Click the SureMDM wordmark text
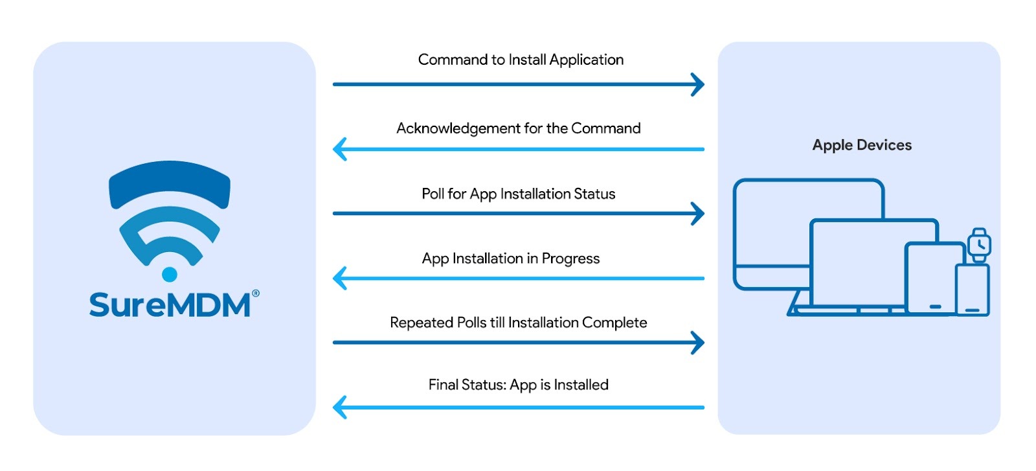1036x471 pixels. (170, 305)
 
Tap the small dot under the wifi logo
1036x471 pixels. (170, 274)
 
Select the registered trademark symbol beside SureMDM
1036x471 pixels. (256, 293)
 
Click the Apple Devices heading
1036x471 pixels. (862, 145)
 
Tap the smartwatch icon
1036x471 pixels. (979, 245)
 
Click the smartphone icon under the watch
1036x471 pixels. (973, 290)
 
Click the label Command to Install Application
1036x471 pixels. (521, 60)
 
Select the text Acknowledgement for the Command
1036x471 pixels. (518, 128)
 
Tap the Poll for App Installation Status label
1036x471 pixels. (518, 194)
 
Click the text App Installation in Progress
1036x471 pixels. (511, 258)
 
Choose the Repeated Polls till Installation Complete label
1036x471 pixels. (518, 323)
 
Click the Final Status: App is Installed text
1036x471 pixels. (518, 385)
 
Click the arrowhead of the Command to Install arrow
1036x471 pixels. (698, 84)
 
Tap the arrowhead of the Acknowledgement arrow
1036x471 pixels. (339, 149)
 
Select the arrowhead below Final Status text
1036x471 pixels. (339, 408)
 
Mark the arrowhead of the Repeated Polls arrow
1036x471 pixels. (698, 343)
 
